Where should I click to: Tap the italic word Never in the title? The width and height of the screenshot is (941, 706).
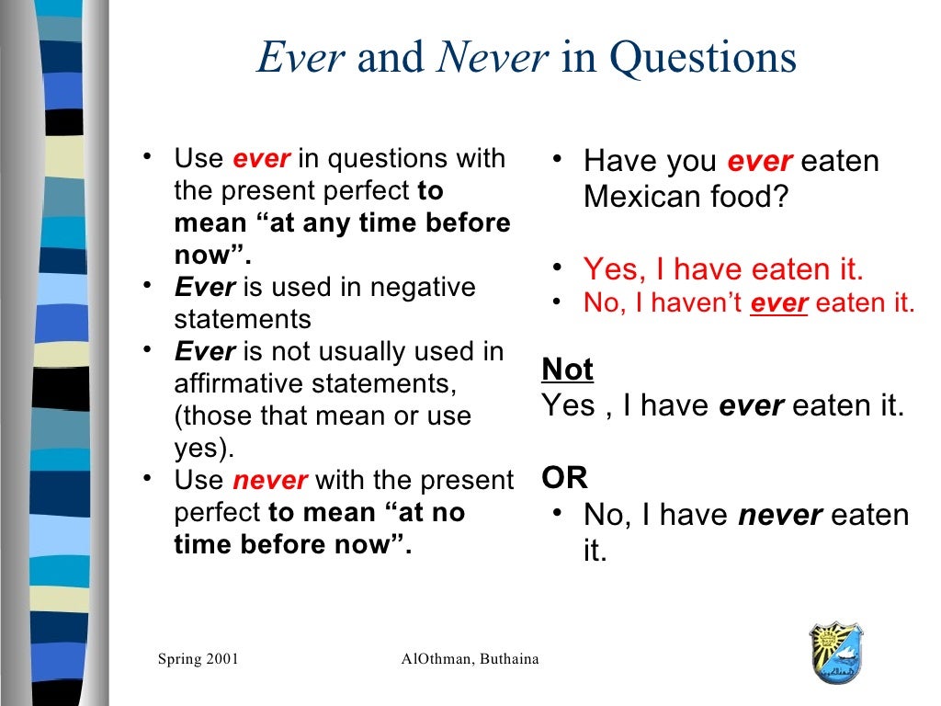click(493, 58)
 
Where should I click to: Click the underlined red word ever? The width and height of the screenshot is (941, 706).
click(779, 303)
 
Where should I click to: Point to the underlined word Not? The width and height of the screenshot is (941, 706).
click(567, 370)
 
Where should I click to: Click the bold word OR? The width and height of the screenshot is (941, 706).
click(564, 478)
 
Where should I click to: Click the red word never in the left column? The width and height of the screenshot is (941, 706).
click(270, 481)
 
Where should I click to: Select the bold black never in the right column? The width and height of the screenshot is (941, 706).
click(779, 516)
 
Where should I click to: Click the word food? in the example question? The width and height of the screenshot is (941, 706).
click(744, 197)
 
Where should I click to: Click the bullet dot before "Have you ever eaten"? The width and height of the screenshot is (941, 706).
click(557, 159)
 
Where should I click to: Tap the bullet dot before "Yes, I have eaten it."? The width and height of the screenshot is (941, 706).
click(557, 268)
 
